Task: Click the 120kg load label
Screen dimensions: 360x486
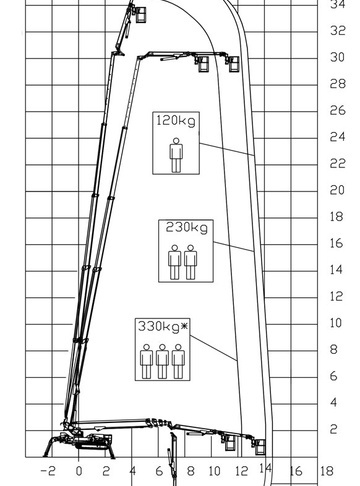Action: click(176, 120)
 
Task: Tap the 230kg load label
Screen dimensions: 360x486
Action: click(187, 227)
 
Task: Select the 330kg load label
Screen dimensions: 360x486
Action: click(159, 326)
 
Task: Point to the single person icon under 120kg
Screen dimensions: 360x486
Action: click(176, 155)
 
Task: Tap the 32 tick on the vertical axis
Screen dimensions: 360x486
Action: click(337, 31)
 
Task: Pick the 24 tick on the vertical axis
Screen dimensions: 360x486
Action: click(337, 137)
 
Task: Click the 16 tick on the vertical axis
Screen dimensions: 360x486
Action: click(337, 243)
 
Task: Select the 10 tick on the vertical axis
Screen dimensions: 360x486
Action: click(336, 323)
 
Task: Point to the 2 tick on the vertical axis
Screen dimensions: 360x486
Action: click(334, 429)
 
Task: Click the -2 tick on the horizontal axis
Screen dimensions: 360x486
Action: click(48, 471)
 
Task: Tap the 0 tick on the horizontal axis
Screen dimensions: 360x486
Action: click(79, 471)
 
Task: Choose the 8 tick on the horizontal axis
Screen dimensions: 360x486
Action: click(190, 471)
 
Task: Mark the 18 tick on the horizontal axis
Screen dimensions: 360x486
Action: click(327, 471)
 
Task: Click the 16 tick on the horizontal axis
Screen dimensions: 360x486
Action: click(296, 471)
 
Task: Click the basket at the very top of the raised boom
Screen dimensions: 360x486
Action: click(141, 14)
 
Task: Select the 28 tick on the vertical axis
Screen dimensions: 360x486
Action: click(337, 84)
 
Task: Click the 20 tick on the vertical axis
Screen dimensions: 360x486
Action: click(337, 190)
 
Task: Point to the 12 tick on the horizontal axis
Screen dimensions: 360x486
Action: click(242, 471)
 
